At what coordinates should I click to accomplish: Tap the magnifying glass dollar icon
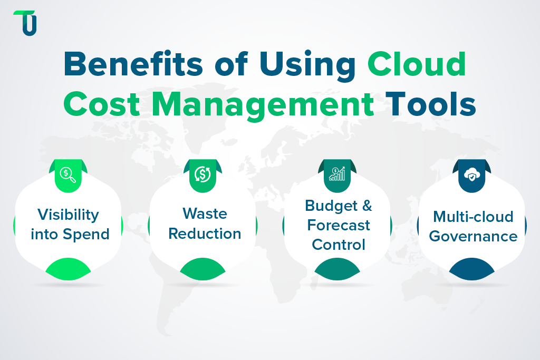[x=69, y=174]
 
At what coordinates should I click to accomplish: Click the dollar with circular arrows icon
[x=203, y=174]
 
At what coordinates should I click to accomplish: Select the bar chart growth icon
[x=337, y=174]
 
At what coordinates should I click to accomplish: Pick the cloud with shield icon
[x=471, y=174]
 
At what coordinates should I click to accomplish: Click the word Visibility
[x=68, y=215]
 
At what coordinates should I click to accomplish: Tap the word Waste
[x=205, y=213]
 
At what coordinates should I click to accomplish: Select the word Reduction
[x=205, y=233]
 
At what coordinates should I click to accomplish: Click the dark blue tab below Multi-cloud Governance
[x=472, y=269]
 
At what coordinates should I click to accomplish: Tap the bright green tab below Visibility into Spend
[x=69, y=269]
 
